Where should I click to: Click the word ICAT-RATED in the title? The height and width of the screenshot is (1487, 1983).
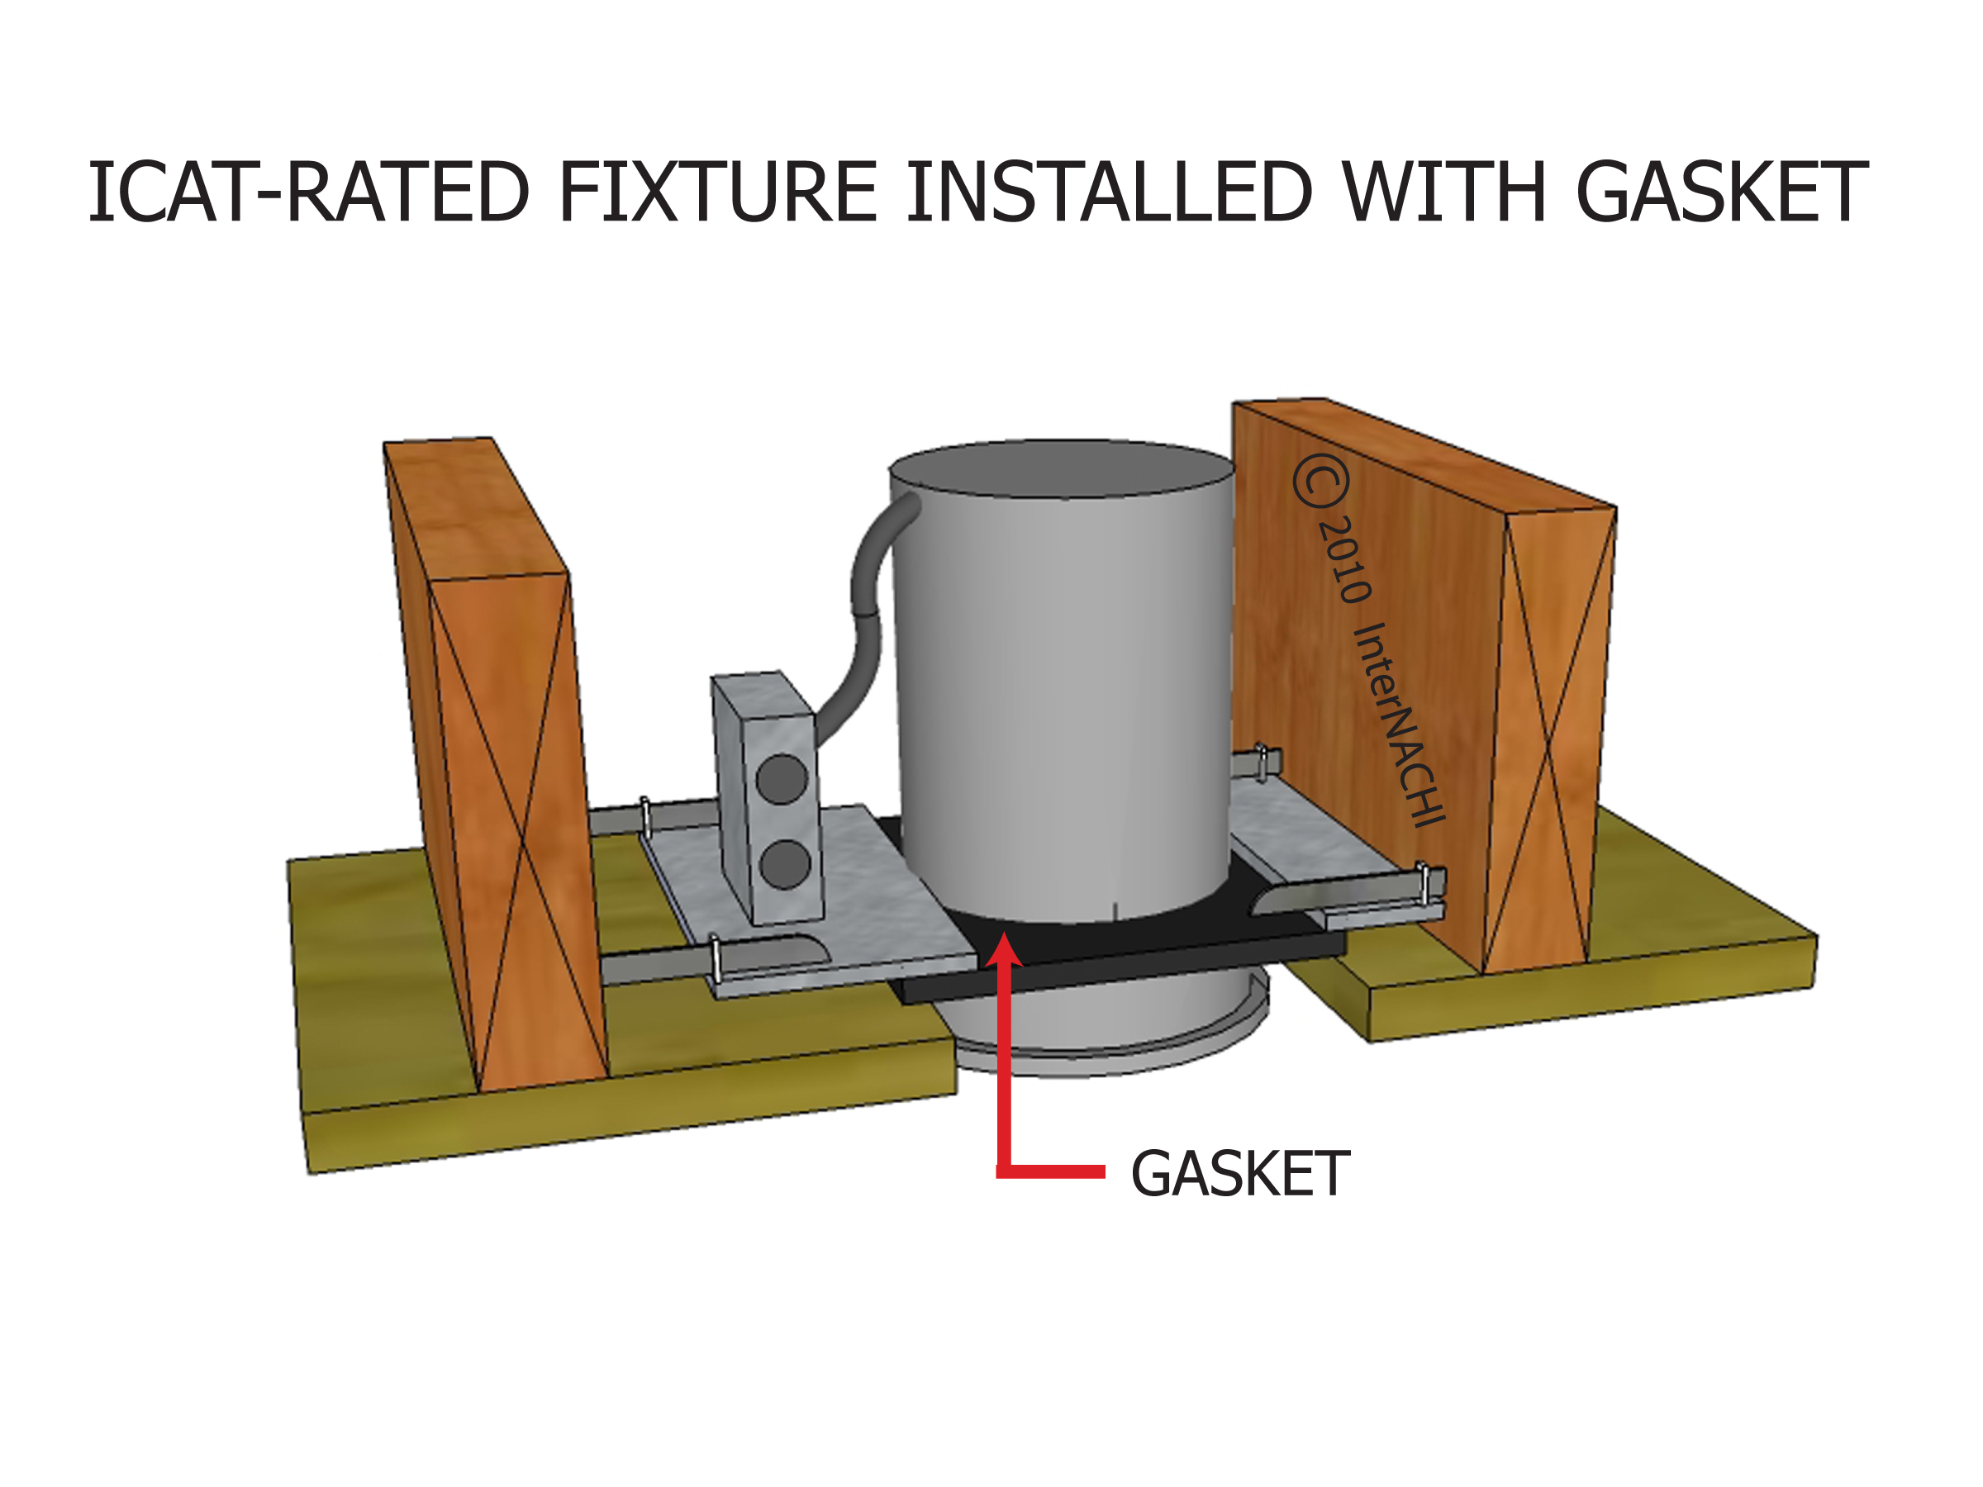(x=307, y=192)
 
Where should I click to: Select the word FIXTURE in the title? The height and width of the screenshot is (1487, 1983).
(x=716, y=192)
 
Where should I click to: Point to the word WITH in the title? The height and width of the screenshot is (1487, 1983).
(x=1444, y=192)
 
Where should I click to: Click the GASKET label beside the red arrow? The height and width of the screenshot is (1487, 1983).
(x=1240, y=1174)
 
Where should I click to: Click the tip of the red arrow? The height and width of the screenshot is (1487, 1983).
(x=1005, y=938)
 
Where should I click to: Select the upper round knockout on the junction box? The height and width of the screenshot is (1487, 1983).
(x=782, y=778)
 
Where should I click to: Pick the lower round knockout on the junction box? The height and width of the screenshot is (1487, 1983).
(x=784, y=864)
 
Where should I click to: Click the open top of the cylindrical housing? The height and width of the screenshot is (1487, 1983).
(x=1063, y=468)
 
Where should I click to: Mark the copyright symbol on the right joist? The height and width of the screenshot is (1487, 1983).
(x=1320, y=482)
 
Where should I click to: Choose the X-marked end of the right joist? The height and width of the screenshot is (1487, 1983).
(x=1549, y=739)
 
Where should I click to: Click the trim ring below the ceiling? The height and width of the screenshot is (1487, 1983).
(x=1111, y=1057)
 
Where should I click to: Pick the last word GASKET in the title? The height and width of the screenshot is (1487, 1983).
(x=1721, y=192)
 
